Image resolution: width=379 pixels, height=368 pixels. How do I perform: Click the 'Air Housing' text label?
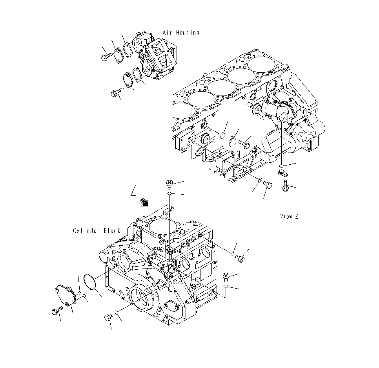[181, 33]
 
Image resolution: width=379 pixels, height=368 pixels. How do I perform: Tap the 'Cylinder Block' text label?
[97, 231]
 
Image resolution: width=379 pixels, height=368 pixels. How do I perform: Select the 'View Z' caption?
[289, 216]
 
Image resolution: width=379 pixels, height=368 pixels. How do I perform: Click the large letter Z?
[133, 191]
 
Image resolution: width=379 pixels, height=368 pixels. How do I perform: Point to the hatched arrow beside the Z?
[145, 202]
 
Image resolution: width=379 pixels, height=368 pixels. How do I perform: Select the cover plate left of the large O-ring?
[64, 295]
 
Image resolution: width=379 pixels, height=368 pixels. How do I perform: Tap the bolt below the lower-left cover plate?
[55, 311]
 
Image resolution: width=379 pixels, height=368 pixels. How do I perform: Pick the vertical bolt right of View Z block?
[285, 186]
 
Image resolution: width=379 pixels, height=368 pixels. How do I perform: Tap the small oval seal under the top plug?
[169, 194]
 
